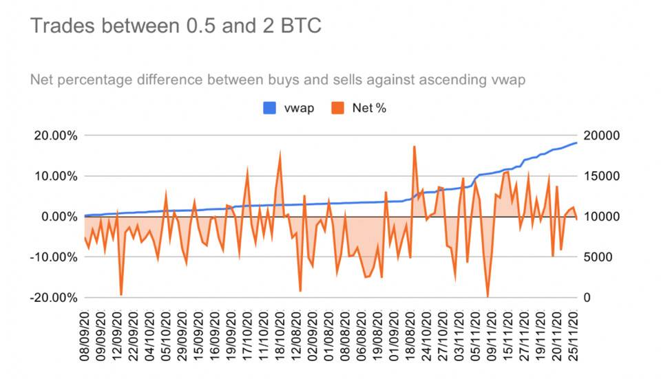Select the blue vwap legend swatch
coord(270,108)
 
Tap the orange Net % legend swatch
coord(338,108)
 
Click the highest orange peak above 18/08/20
coord(415,147)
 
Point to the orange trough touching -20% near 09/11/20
coord(488,296)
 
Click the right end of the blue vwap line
coord(576,142)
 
